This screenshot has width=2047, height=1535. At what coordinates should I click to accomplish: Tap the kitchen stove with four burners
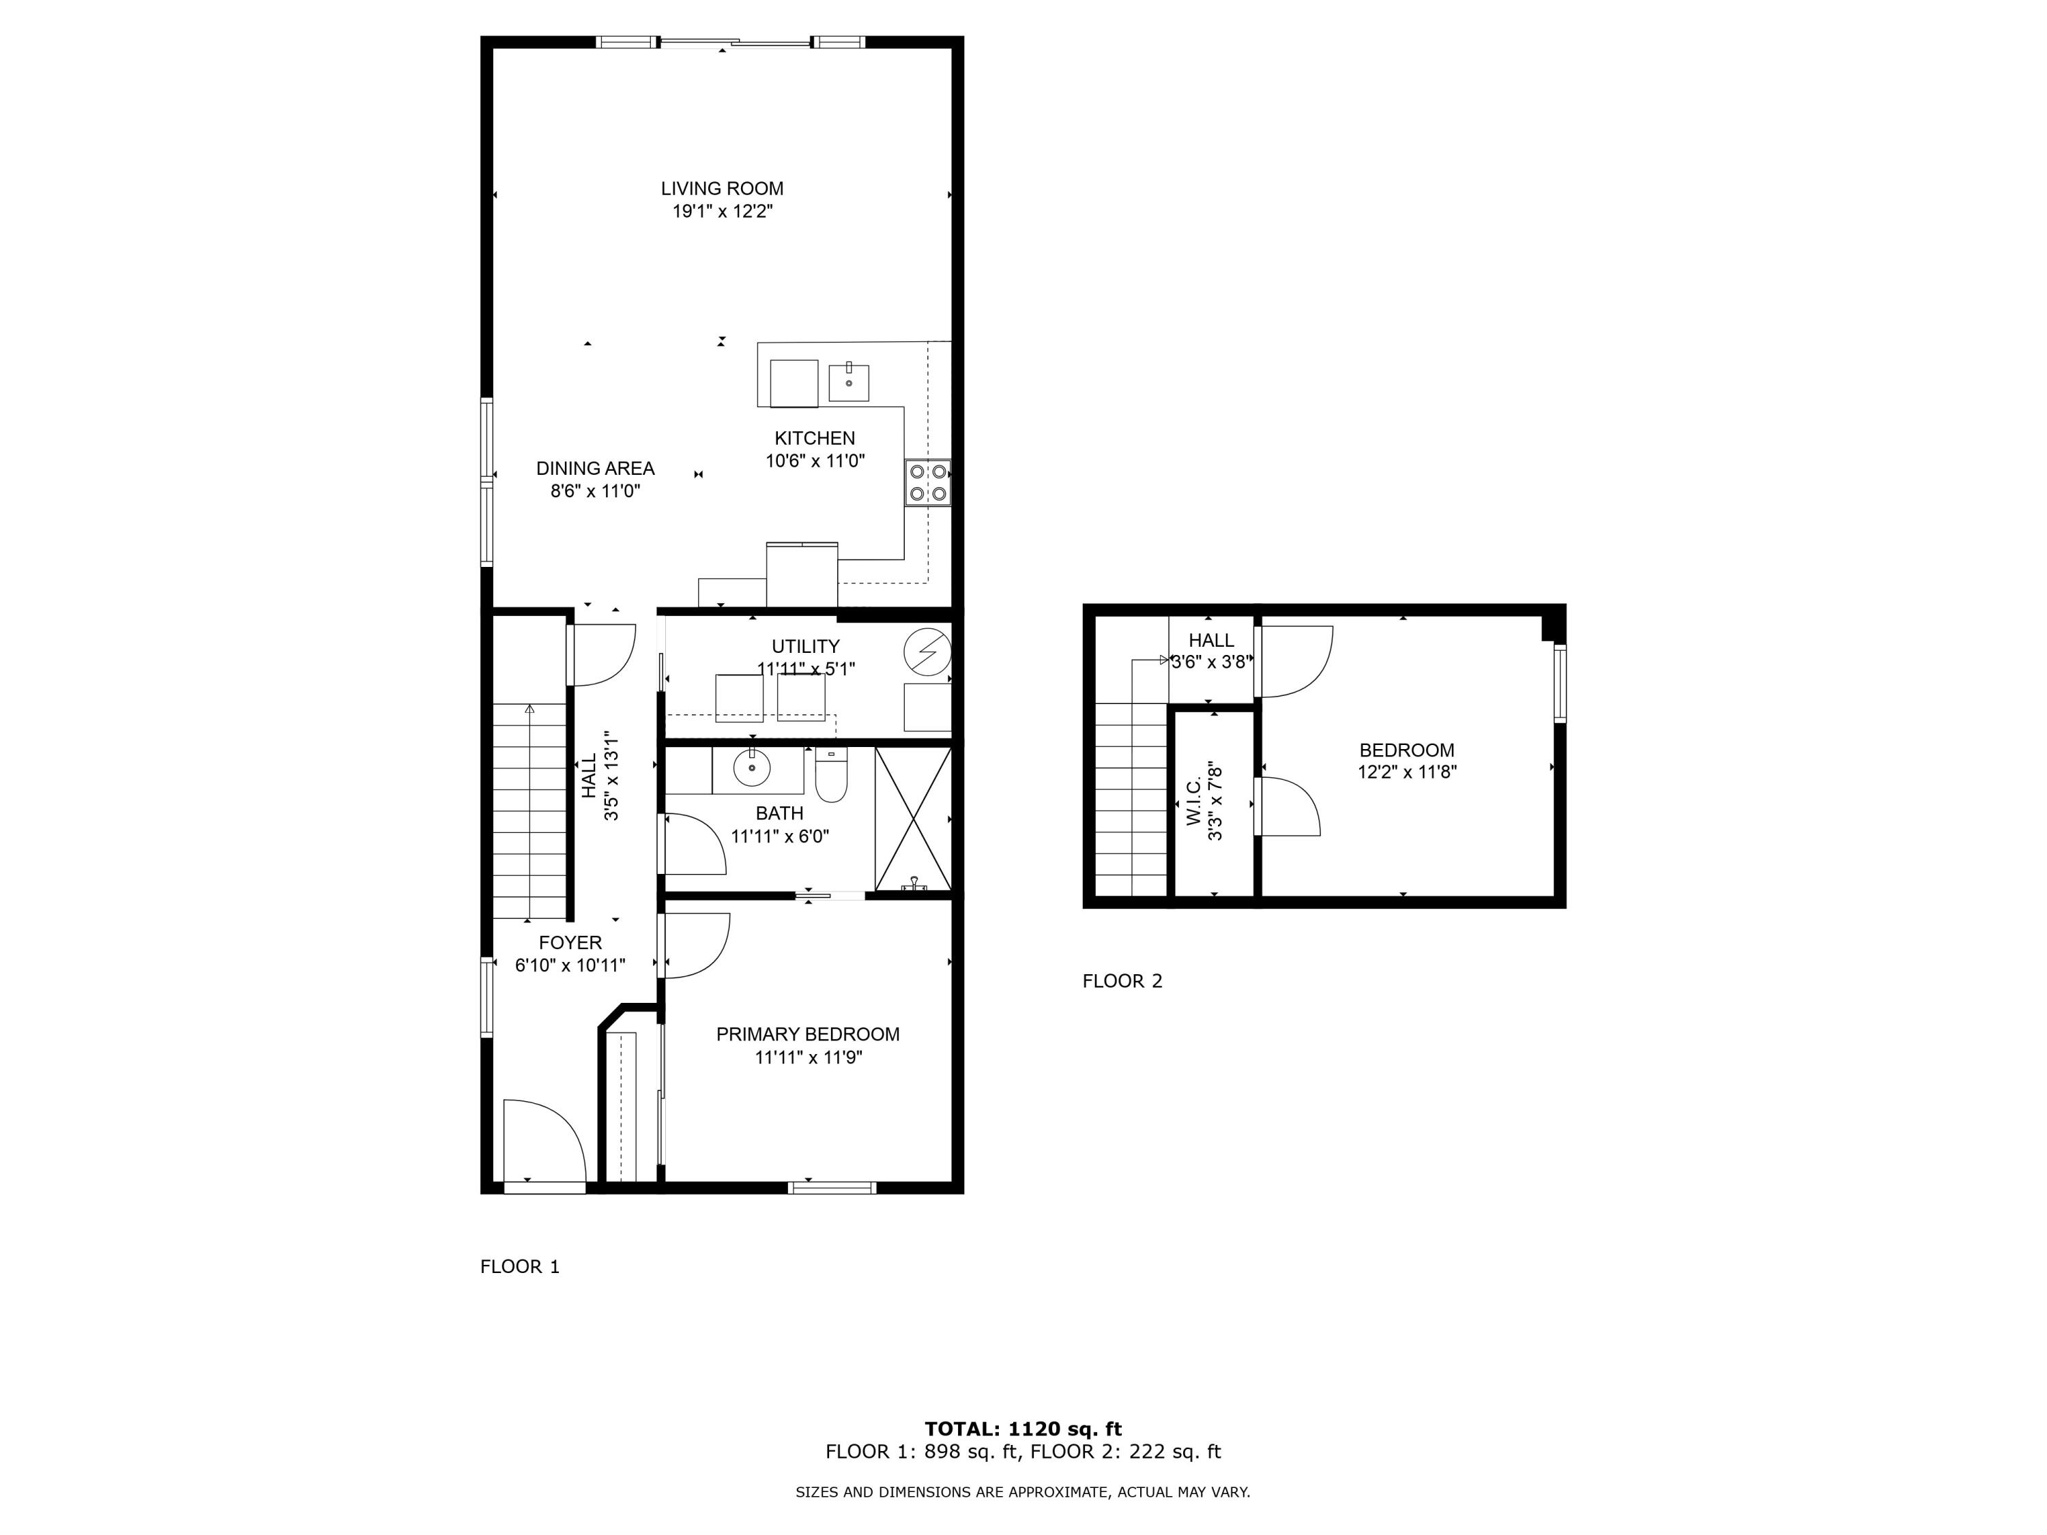(x=928, y=482)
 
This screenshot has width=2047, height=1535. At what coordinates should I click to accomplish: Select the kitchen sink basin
(x=849, y=382)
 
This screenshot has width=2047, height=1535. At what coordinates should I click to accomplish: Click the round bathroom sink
(x=753, y=767)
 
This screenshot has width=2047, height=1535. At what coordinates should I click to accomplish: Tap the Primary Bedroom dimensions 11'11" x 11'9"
(x=809, y=1057)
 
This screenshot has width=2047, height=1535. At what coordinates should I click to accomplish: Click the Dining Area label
(x=595, y=468)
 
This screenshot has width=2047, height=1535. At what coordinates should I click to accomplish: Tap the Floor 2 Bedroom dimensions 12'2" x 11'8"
(x=1406, y=772)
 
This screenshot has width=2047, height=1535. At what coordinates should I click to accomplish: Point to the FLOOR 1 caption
(x=520, y=1267)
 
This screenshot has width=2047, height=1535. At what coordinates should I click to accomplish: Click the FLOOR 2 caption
(x=1122, y=981)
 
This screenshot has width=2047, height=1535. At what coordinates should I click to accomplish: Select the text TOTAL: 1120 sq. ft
(x=1023, y=1429)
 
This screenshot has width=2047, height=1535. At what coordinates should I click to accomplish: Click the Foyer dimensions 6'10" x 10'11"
(x=570, y=966)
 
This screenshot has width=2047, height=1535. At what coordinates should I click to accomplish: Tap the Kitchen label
(x=814, y=439)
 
